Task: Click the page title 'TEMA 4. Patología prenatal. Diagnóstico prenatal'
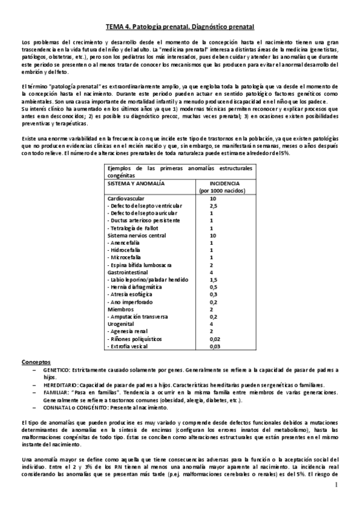(180, 27)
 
